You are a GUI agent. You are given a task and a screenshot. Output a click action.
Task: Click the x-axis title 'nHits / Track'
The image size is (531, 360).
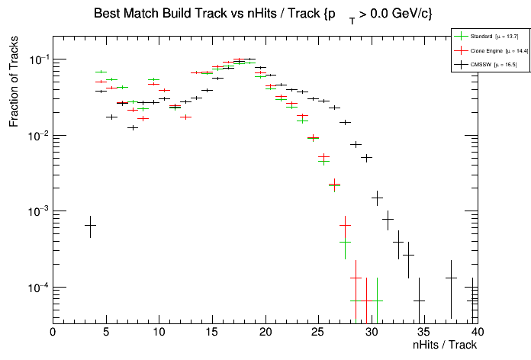click(445, 345)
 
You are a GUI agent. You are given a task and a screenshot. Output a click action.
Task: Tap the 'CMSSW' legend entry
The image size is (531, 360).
click(481, 65)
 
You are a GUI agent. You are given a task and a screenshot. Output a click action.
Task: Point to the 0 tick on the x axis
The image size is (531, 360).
click(53, 332)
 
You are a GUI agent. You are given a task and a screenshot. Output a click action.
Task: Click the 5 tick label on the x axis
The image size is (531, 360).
click(106, 332)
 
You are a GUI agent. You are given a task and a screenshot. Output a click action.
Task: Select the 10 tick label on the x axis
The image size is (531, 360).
click(159, 332)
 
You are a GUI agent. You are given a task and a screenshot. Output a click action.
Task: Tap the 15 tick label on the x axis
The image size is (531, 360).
click(212, 332)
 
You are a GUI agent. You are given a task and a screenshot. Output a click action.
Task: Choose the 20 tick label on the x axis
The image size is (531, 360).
click(265, 332)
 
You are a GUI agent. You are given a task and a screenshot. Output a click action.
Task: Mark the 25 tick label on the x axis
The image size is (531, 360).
click(319, 332)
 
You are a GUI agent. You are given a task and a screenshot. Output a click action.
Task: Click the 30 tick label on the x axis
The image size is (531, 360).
click(372, 332)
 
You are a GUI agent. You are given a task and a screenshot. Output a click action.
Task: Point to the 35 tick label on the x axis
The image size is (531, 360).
click(425, 332)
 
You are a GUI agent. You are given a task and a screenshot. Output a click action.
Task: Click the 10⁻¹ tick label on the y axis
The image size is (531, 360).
click(37, 59)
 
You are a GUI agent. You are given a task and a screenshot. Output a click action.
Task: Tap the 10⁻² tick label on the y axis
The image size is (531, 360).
click(37, 136)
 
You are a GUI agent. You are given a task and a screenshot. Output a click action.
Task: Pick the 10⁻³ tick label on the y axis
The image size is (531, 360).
click(37, 211)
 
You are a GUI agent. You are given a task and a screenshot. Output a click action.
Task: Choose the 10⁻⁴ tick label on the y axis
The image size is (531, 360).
click(37, 288)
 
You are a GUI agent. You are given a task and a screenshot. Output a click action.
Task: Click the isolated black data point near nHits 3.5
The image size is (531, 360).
click(90, 226)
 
